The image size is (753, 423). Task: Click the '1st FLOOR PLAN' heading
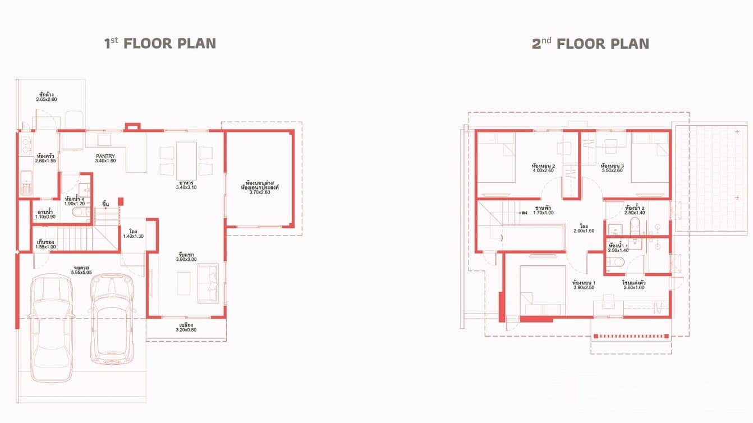[160, 44]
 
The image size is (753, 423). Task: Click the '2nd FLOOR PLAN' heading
[590, 44]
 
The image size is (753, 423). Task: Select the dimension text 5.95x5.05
[82, 272]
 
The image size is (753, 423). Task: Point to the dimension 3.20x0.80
[186, 330]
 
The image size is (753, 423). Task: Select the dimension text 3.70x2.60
[259, 192]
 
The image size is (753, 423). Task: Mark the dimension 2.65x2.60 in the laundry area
[47, 100]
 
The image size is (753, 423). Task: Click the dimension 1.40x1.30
[134, 236]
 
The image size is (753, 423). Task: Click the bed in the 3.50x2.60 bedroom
[650, 157]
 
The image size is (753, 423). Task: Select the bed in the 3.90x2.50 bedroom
[541, 290]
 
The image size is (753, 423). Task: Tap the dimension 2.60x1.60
[633, 288]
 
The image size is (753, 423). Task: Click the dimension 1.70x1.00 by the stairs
[543, 213]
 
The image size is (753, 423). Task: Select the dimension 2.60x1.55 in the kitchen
[45, 161]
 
